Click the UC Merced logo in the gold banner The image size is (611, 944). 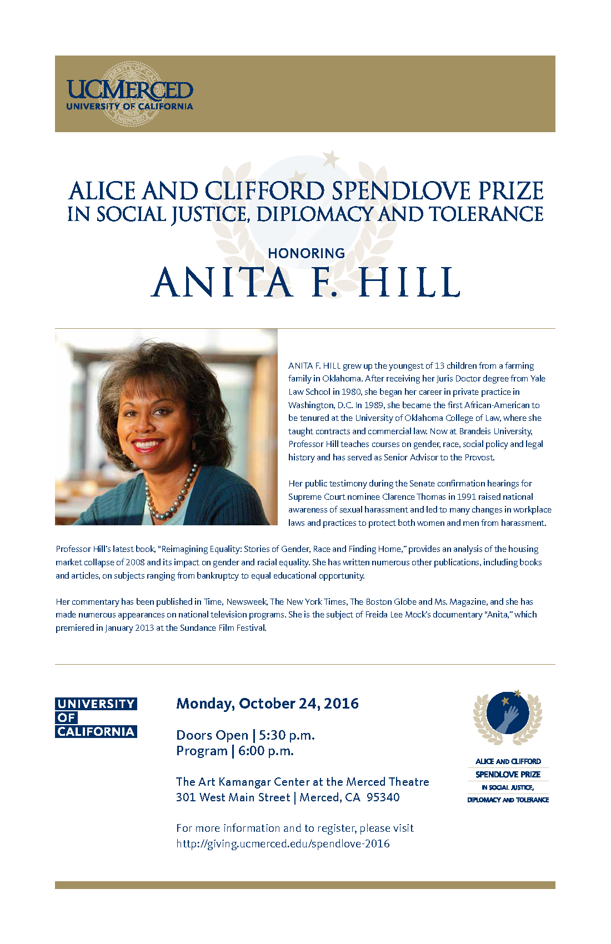pos(129,94)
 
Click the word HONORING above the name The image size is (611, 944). pos(306,253)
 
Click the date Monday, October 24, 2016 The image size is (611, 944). pos(267,704)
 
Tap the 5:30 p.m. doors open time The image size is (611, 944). pos(287,735)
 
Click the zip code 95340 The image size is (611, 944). pos(383,797)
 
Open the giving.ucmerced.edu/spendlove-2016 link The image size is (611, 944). pos(283,843)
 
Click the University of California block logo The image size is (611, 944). pos(96,717)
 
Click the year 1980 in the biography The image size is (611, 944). pos(352,392)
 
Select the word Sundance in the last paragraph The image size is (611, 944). pos(198,628)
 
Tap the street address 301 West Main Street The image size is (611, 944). pos(233,797)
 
